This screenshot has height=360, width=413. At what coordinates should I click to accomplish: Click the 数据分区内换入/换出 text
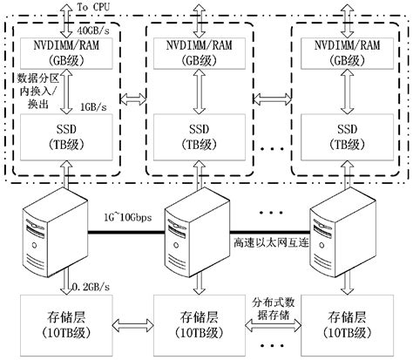tap(38, 91)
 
